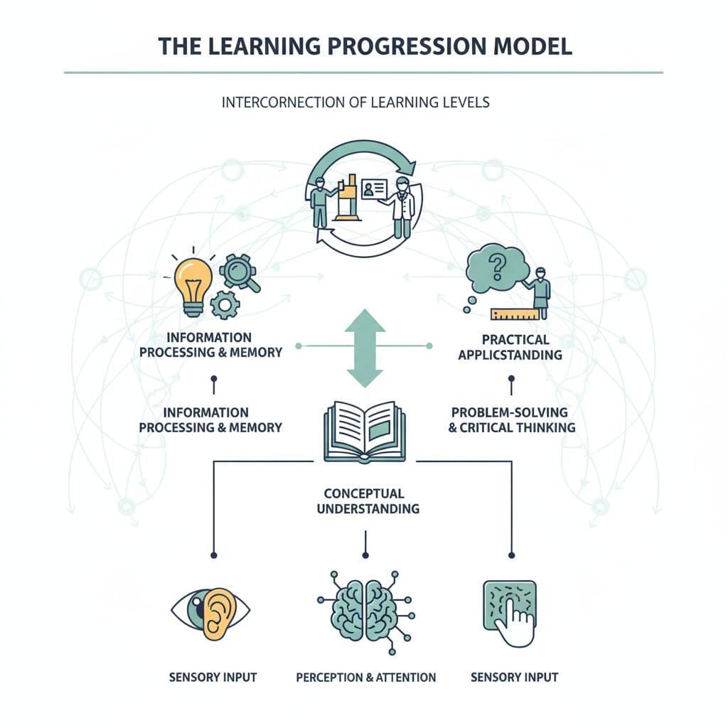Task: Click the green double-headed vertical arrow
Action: (x=365, y=348)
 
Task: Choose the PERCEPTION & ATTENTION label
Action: (x=365, y=677)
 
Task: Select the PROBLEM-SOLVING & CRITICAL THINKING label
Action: (x=512, y=419)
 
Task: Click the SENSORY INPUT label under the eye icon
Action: (x=213, y=677)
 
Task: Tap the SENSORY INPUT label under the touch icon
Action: (x=514, y=677)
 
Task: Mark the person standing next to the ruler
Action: (x=541, y=291)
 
